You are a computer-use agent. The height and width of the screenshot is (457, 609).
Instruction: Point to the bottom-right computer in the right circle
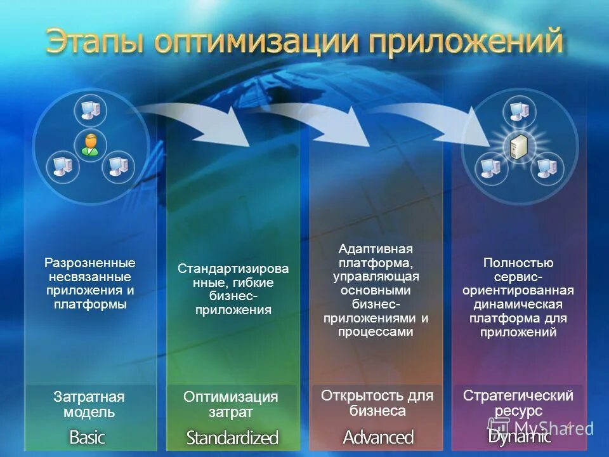coord(546,168)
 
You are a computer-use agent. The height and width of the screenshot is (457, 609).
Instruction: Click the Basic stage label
coord(87,437)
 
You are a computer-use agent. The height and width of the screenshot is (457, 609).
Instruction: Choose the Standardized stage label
coord(232,437)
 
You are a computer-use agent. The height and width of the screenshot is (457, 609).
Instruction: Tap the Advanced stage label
coord(378,437)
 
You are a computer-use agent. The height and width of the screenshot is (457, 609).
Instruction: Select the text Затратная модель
coord(89,404)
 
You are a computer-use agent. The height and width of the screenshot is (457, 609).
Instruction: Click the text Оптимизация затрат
coord(231,404)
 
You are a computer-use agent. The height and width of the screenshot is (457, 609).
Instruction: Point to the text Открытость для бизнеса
coord(377,403)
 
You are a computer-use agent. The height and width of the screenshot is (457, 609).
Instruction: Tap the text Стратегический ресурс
coord(518,403)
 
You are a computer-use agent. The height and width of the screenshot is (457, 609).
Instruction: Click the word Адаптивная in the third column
coord(376,248)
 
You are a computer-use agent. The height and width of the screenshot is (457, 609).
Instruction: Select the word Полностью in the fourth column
coord(518,263)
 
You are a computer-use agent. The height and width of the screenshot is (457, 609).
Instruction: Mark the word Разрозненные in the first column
coord(89,263)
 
